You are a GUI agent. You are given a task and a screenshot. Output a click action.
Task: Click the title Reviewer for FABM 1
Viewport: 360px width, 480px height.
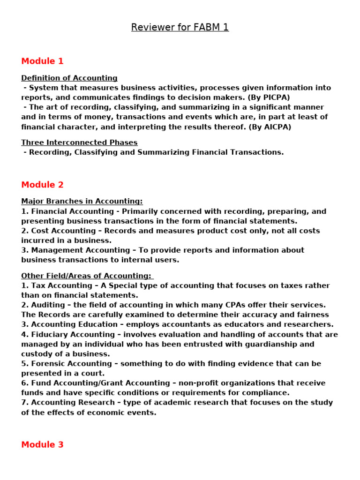(180, 27)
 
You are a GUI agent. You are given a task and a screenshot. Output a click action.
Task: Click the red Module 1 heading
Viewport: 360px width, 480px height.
(42, 61)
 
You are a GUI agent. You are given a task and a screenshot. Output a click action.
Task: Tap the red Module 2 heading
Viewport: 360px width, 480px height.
(42, 185)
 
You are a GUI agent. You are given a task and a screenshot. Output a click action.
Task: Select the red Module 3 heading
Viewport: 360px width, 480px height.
(42, 444)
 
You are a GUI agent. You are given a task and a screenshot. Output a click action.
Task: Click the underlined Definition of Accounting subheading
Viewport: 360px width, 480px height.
(69, 78)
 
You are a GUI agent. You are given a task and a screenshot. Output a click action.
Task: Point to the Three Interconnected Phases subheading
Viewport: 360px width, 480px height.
(79, 142)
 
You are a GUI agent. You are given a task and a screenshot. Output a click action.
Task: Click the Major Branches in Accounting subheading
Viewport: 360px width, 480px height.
(82, 201)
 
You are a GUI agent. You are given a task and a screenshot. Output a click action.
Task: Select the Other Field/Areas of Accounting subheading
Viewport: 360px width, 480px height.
(87, 276)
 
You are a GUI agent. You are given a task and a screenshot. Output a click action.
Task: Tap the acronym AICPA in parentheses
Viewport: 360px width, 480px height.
(275, 127)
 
